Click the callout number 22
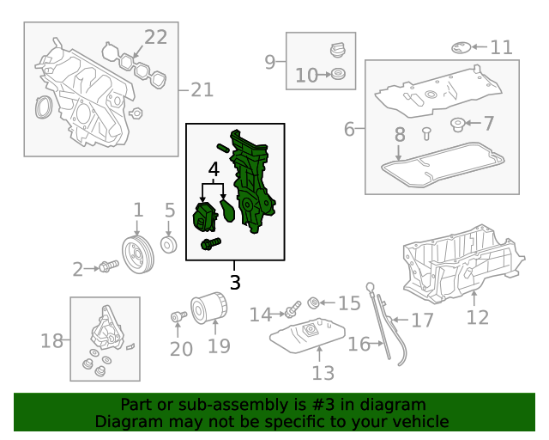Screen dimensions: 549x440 coord(156,37)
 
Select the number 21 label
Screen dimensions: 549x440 coord(202,90)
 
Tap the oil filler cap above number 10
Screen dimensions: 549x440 coord(338,50)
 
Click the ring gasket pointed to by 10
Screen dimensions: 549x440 coord(338,74)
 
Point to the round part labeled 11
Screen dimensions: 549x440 coord(462,48)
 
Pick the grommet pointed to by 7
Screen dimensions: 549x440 coord(457,125)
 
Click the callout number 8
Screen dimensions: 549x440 coord(400,134)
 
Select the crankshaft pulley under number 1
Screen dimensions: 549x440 coord(138,254)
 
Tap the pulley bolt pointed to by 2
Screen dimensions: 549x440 coord(109,266)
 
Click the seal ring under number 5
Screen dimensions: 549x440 coord(168,245)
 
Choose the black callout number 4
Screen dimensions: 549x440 coord(214,169)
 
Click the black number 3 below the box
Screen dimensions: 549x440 coord(235,282)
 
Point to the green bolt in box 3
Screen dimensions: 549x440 coord(211,243)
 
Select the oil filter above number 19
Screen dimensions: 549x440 coord(209,308)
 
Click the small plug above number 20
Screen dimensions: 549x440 coord(178,316)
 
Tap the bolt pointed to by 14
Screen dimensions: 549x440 coord(293,308)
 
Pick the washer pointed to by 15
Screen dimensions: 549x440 coord(313,302)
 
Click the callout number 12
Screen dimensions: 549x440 coord(478,318)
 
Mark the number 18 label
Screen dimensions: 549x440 coord(51,340)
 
